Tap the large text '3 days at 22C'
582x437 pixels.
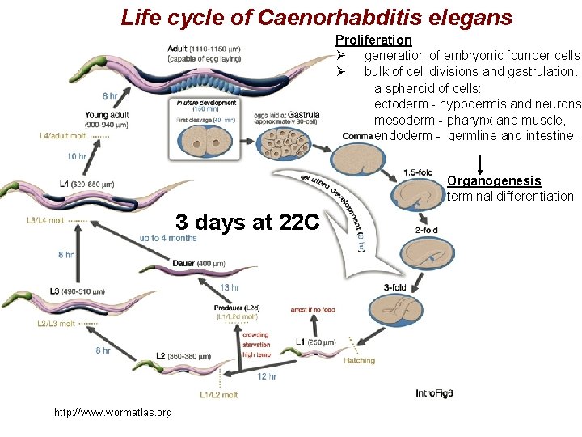[248, 221]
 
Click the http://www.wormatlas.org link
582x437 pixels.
[112, 413]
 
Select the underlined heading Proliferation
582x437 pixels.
[373, 40]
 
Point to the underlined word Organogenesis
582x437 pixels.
[494, 181]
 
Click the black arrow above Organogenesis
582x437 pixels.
[483, 162]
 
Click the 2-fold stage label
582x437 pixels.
[426, 230]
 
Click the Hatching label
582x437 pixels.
[359, 360]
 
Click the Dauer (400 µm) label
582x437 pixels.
[199, 263]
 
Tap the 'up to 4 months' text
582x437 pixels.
[167, 238]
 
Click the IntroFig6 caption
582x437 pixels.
[434, 393]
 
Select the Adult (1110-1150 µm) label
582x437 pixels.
[209, 49]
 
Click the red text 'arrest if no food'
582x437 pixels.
[313, 309]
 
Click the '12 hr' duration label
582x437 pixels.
[268, 376]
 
